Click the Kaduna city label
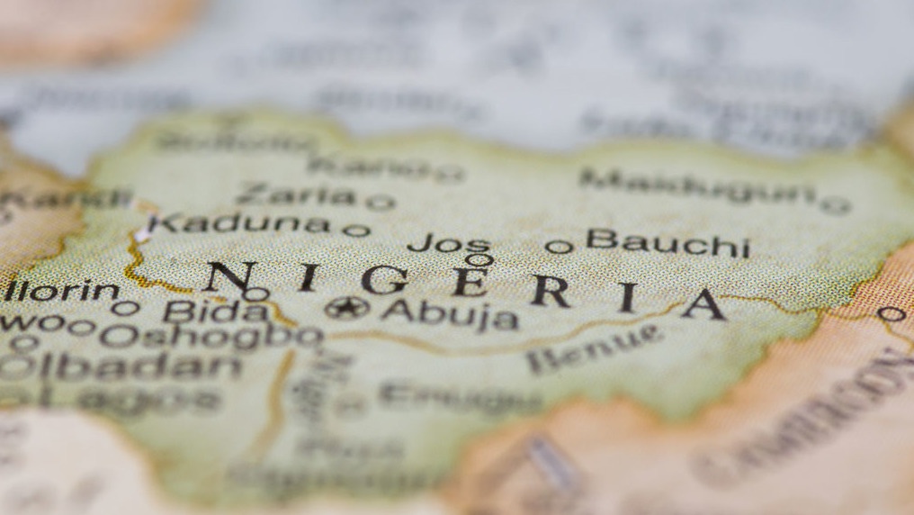[238, 223]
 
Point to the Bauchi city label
[668, 242]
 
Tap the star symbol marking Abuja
[347, 308]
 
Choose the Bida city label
[216, 312]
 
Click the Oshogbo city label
[211, 335]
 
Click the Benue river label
[594, 349]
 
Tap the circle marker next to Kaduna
[356, 230]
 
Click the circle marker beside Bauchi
[559, 246]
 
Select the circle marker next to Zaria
[380, 203]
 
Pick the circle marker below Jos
[479, 260]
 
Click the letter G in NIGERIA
[384, 280]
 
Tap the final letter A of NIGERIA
[703, 304]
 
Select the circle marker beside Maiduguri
[836, 206]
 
